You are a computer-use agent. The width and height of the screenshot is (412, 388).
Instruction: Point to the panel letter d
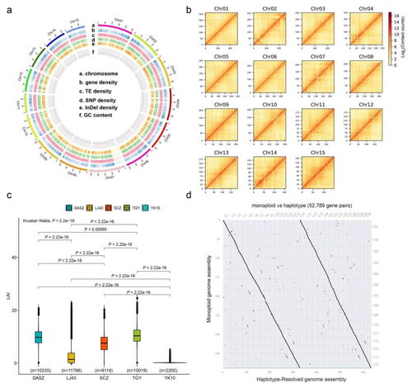point(213,217)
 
